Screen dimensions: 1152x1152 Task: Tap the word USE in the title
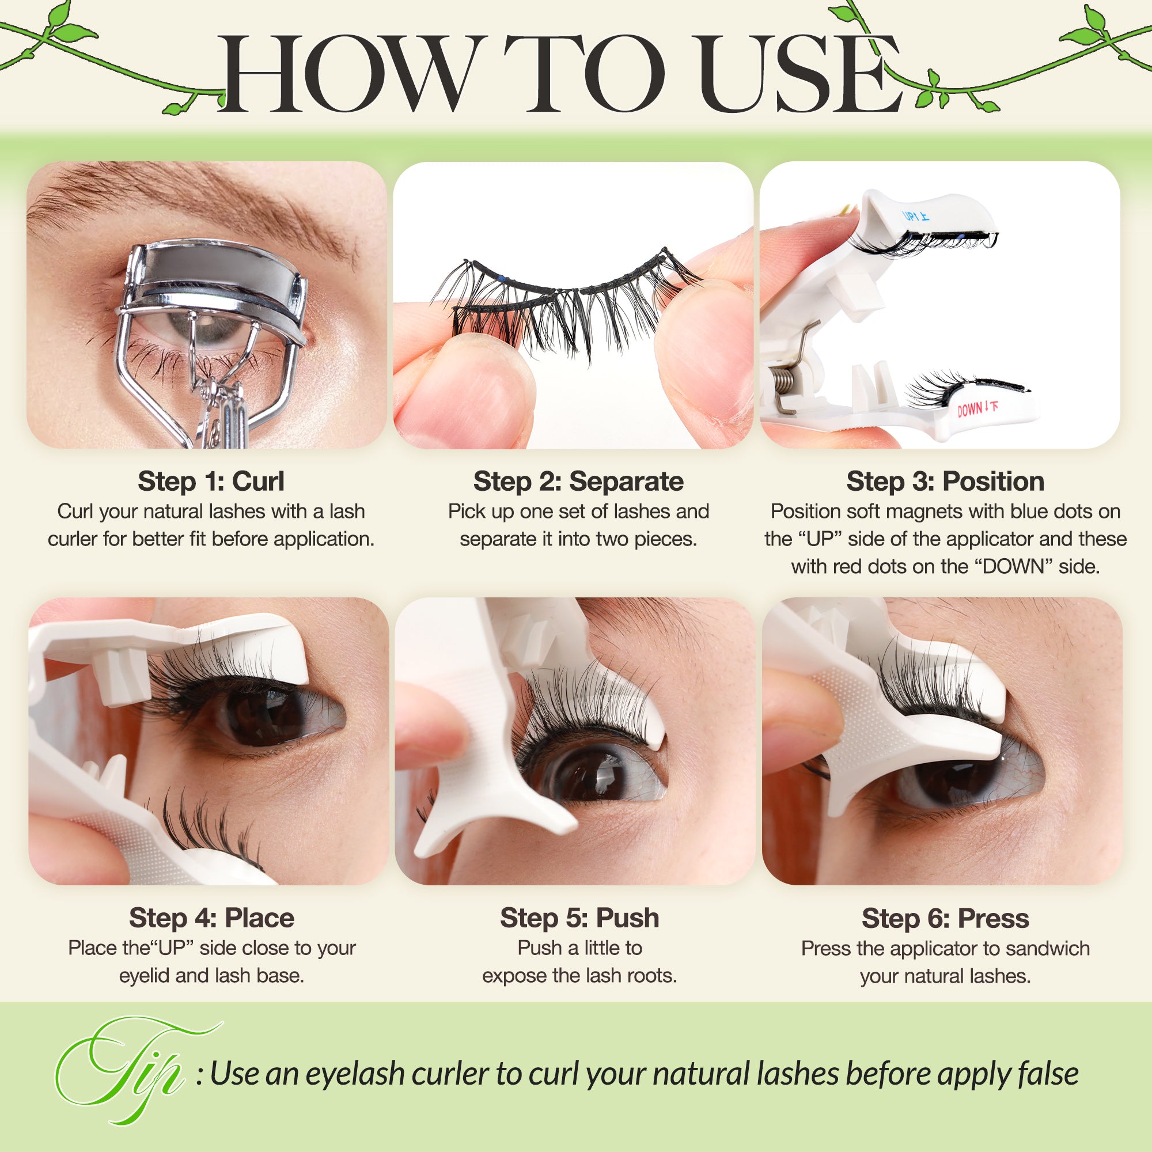coord(799,74)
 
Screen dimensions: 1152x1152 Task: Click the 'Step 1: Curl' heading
coord(210,481)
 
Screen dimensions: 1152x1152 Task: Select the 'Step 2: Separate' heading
coord(578,481)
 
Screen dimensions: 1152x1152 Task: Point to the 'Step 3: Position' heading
coord(945,481)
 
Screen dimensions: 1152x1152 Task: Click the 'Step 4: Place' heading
coord(211,918)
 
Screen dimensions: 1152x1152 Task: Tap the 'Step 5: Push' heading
coord(579,918)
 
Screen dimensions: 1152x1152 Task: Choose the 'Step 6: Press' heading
coord(945,918)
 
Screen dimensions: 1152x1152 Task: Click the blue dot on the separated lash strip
coord(502,278)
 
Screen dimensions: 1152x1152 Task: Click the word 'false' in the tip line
coord(1048,1074)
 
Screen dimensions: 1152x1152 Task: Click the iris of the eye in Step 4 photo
coord(262,715)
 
